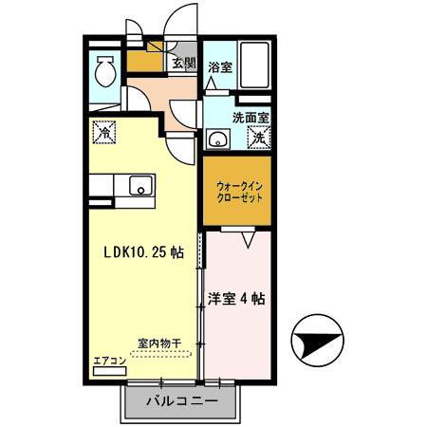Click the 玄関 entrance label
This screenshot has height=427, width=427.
184,65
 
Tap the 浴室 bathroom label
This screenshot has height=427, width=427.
219,67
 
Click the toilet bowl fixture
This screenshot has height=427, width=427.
104,70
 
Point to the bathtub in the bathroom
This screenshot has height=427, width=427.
253,69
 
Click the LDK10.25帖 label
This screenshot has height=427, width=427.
143,254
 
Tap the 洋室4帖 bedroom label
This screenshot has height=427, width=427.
236,298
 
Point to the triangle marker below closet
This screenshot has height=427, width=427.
249,243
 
